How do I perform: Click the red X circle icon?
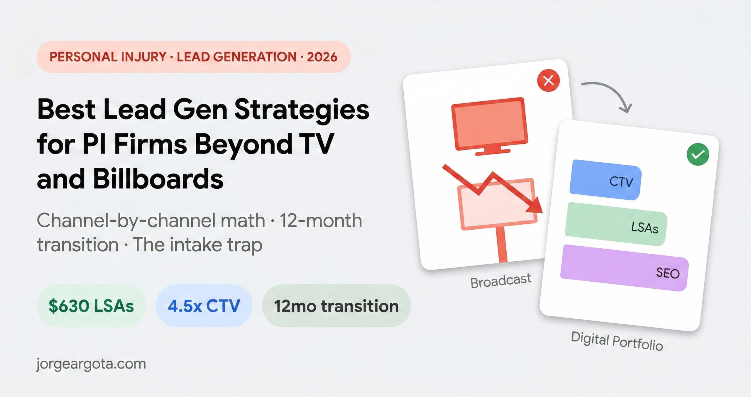(x=548, y=80)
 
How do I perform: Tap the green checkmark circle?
(x=698, y=154)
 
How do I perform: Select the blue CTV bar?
(x=605, y=180)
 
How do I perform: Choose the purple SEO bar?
(x=624, y=268)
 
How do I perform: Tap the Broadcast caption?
(x=501, y=281)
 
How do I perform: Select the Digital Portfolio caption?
(x=617, y=341)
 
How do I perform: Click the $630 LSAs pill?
(x=91, y=306)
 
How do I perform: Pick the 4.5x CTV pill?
(x=204, y=306)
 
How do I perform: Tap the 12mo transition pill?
(x=336, y=306)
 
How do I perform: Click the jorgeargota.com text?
(x=91, y=364)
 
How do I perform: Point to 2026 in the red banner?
(x=322, y=57)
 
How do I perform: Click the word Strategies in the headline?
(x=302, y=109)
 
